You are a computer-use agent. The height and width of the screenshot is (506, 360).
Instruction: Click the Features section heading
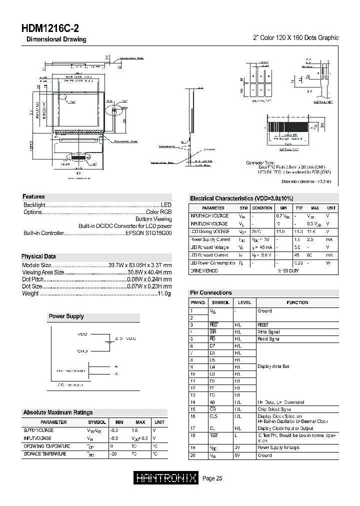coord(34,197)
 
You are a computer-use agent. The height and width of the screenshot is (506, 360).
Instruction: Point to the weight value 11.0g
coord(164,293)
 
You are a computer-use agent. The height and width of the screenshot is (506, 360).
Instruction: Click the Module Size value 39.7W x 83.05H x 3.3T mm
coord(140,265)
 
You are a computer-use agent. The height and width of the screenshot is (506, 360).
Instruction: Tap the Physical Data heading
coord(38,256)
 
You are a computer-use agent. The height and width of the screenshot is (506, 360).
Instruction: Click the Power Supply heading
coord(66,316)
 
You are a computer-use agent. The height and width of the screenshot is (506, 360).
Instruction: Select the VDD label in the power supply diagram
coord(83,333)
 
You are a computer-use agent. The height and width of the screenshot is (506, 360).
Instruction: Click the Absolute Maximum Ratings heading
coord(57,412)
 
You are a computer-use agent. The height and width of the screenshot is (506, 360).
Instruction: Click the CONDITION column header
coord(262,207)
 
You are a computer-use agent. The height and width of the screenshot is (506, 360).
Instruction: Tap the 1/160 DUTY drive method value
coord(288,270)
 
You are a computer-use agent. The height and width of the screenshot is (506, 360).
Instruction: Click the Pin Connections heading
coord(210,293)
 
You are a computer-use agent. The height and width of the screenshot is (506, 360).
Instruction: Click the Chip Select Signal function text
coord(274,409)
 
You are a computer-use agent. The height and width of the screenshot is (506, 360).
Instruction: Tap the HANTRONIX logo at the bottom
coord(166,478)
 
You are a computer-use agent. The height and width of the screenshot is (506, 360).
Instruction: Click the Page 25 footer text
coord(212,479)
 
